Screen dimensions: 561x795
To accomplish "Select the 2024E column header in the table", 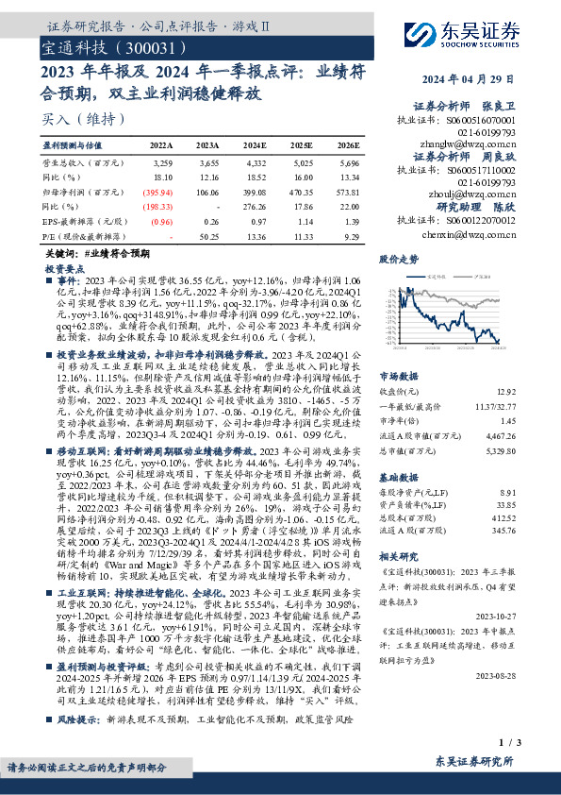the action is pyautogui.click(x=255, y=146).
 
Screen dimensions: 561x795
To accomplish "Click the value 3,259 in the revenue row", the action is pyautogui.click(x=162, y=162).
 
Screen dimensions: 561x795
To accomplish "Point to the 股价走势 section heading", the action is pyautogui.click(x=398, y=258).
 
